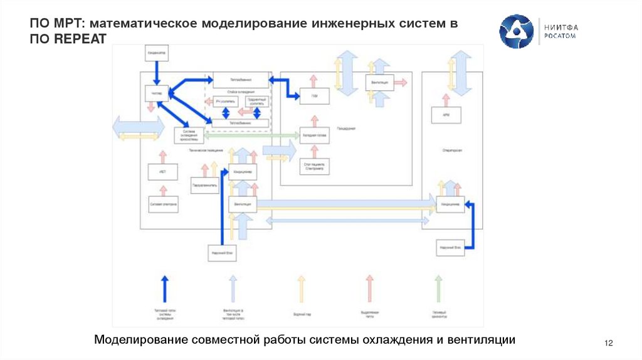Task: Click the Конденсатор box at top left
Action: pyautogui.click(x=157, y=53)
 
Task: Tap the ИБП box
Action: pyautogui.click(x=162, y=171)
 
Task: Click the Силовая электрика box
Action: pyautogui.click(x=162, y=204)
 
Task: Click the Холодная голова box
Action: pyautogui.click(x=314, y=136)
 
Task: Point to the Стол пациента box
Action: pyautogui.click(x=314, y=167)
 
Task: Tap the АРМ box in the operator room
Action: pyautogui.click(x=446, y=115)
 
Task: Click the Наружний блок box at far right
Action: pyautogui.click(x=450, y=248)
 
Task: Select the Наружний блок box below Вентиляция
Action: pyautogui.click(x=222, y=253)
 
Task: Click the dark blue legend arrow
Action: pyautogui.click(x=164, y=289)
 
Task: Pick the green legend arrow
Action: pyautogui.click(x=439, y=289)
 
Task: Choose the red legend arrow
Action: pyautogui.click(x=370, y=289)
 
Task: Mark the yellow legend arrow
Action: pyautogui.click(x=301, y=289)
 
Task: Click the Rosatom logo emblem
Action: pyautogui.click(x=516, y=31)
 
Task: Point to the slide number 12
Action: pyautogui.click(x=608, y=342)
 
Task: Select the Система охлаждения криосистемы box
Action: pyautogui.click(x=189, y=135)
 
